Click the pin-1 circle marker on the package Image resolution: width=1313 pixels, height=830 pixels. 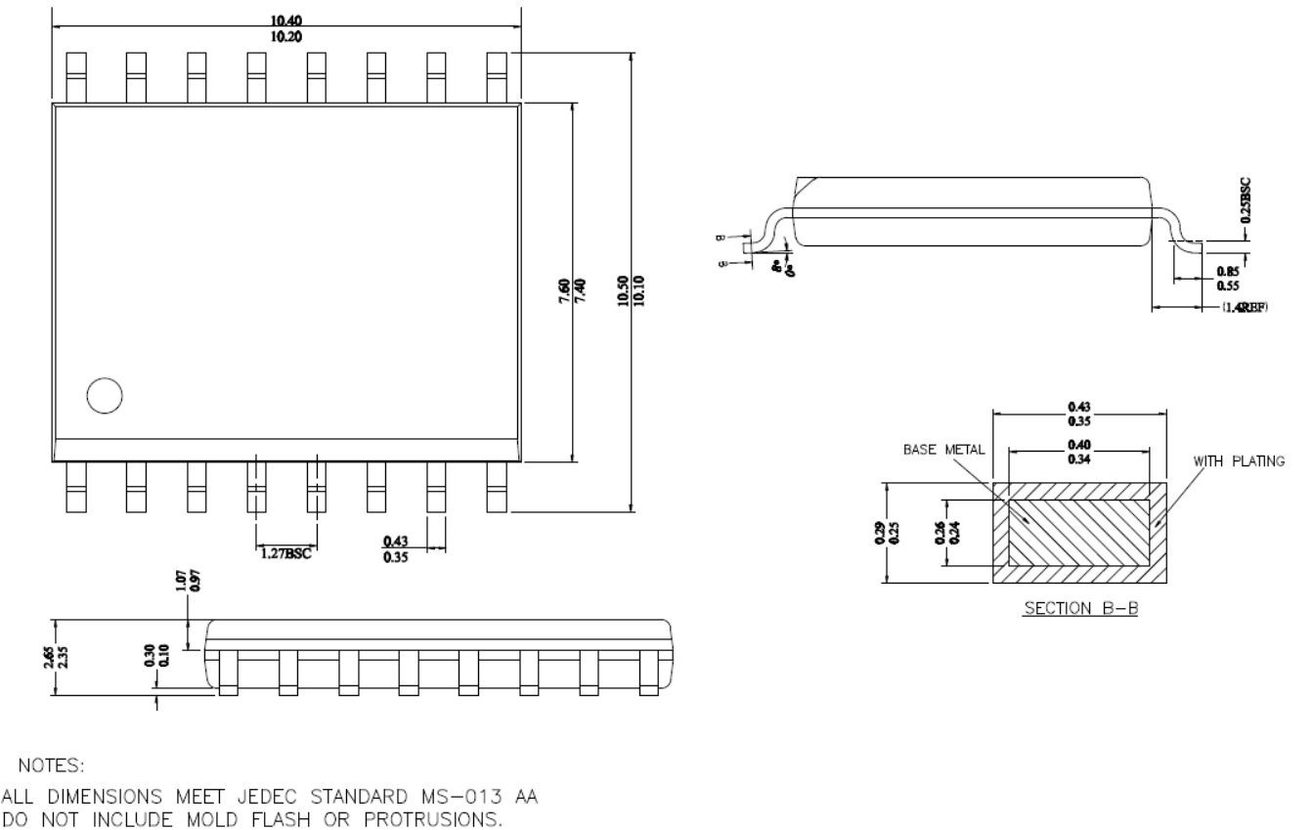[x=104, y=395]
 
